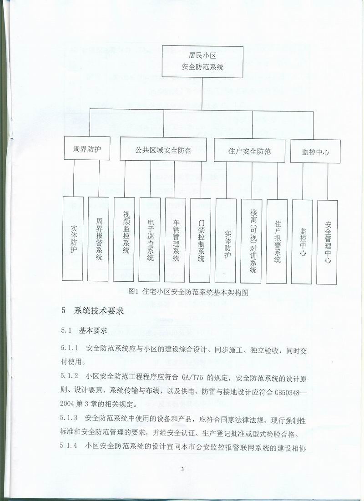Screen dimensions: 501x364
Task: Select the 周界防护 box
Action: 87,149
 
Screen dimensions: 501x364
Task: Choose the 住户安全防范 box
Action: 249,151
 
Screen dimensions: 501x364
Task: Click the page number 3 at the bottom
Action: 182,470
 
